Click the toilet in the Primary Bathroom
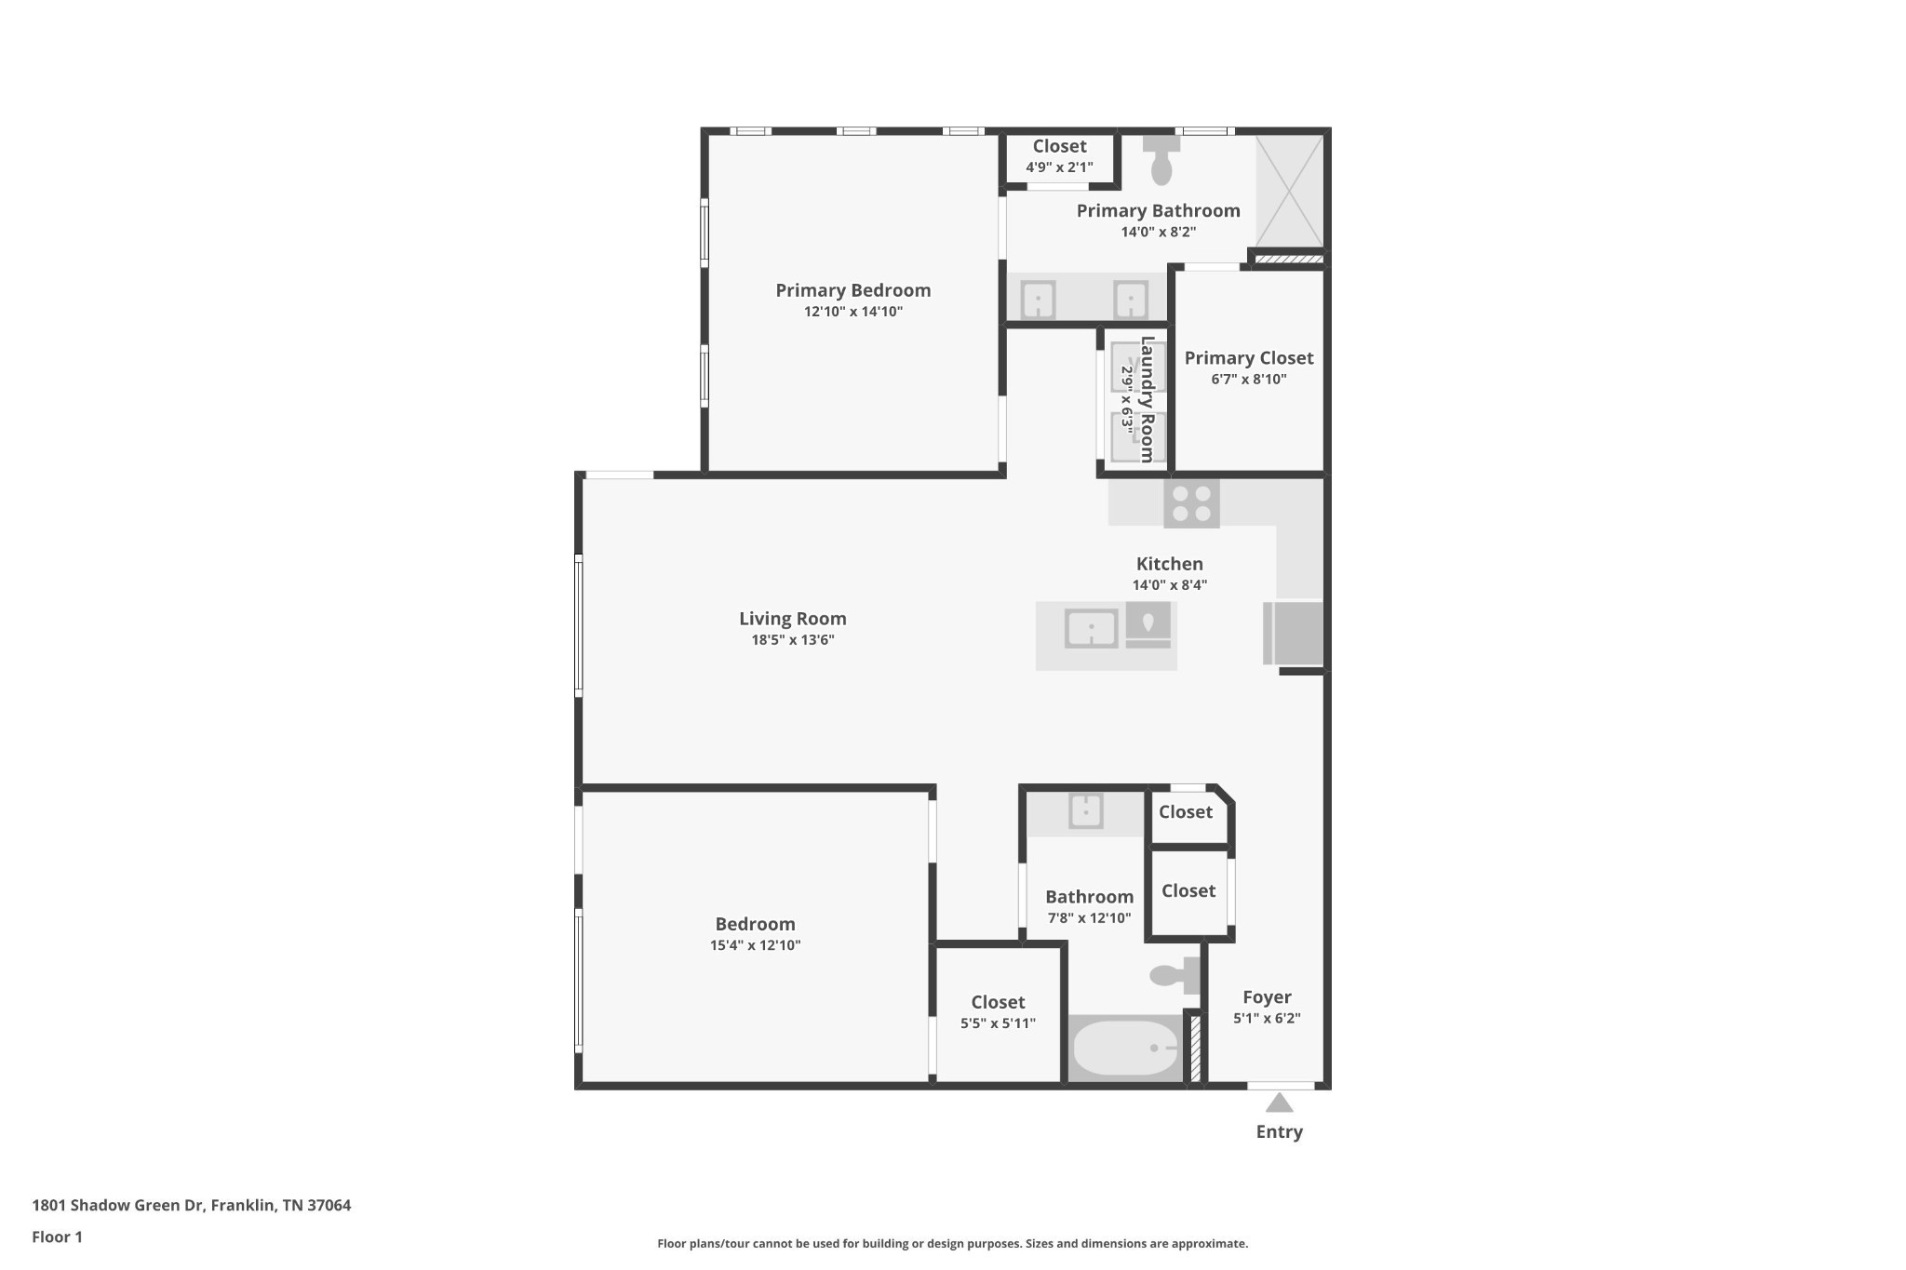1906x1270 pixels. click(x=1161, y=161)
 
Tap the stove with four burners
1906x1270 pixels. click(x=1191, y=503)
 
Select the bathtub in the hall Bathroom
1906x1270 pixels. click(x=1124, y=1049)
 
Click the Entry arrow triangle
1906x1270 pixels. click(x=1279, y=1103)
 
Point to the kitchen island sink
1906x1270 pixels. click(x=1091, y=629)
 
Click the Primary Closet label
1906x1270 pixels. click(x=1248, y=358)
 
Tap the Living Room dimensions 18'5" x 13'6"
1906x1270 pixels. click(x=792, y=640)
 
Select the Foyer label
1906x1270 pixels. click(x=1267, y=997)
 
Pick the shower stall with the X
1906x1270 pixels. click(x=1289, y=190)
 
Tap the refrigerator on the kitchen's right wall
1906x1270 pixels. click(x=1294, y=633)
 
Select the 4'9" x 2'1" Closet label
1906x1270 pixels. click(x=1059, y=147)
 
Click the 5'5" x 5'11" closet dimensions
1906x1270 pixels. click(x=998, y=1023)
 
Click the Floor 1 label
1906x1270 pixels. click(x=57, y=1237)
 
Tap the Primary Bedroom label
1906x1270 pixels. click(x=852, y=290)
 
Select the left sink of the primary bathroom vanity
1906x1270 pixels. click(x=1038, y=300)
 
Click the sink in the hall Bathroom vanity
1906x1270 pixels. click(x=1085, y=810)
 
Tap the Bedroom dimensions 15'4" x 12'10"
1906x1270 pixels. click(x=755, y=945)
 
